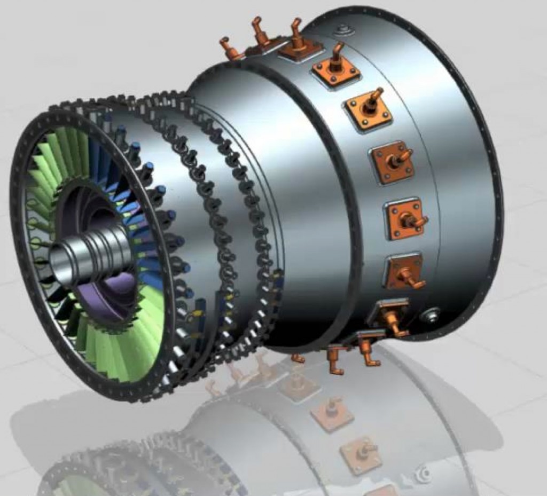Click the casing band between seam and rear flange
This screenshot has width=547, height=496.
(x=459, y=176)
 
